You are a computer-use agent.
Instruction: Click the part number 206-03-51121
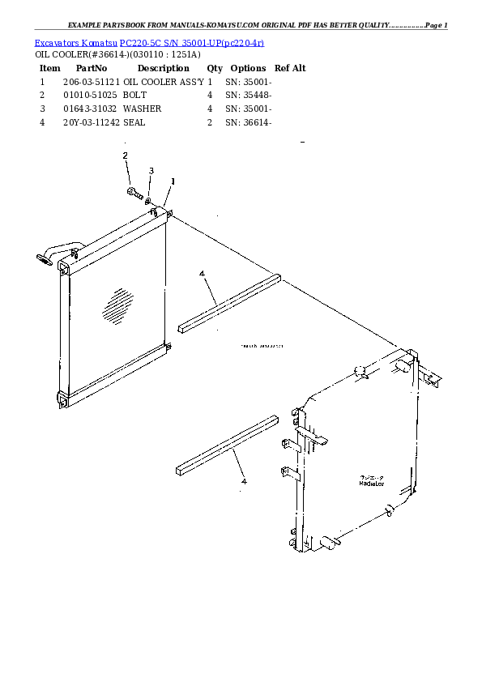[x=91, y=83]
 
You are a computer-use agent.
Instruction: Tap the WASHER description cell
[x=142, y=109]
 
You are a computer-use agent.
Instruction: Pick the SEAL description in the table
[x=134, y=122]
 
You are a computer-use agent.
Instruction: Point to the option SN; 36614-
[x=248, y=122]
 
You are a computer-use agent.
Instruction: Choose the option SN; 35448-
[x=248, y=96]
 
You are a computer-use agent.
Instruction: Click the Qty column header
[x=215, y=69]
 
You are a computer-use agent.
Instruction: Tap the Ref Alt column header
[x=290, y=69]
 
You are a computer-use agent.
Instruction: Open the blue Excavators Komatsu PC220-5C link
[x=150, y=41]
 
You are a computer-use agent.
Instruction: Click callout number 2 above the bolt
[x=125, y=155]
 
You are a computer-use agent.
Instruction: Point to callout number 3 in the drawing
[x=151, y=170]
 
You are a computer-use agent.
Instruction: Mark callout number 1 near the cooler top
[x=173, y=181]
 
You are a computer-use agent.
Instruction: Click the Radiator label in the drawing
[x=372, y=484]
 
